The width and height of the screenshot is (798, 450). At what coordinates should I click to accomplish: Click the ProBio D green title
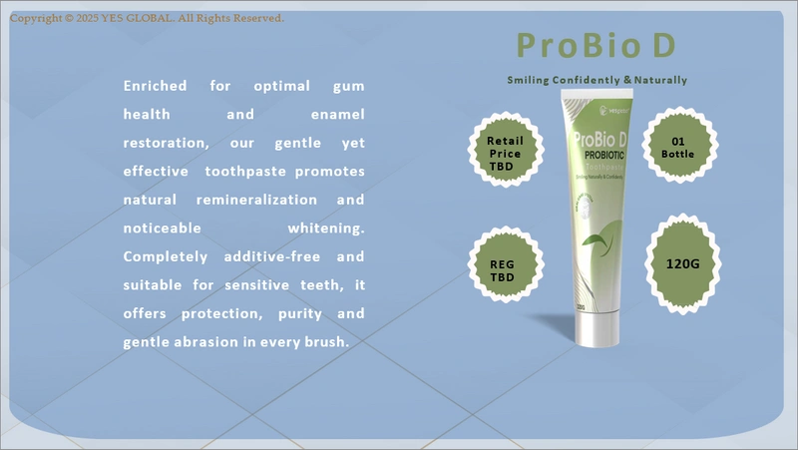tap(597, 45)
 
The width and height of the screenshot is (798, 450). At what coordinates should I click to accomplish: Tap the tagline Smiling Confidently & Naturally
tap(597, 80)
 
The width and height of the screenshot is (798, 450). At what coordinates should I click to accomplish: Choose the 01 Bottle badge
tap(678, 147)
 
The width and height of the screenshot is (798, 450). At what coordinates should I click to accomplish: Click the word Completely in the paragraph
tap(163, 256)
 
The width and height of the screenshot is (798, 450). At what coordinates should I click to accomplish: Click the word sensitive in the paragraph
tap(275, 285)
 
